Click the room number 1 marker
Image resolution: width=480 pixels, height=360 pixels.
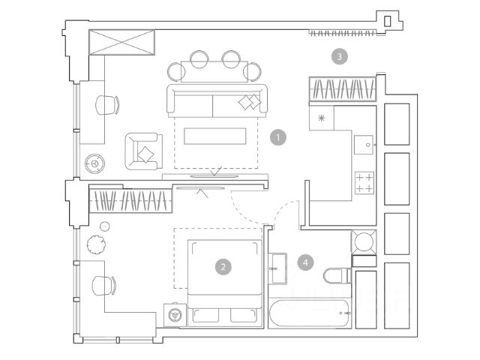[x=279, y=137]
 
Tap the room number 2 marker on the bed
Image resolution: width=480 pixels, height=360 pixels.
[x=222, y=265]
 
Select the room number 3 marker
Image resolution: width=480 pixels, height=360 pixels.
[x=340, y=56]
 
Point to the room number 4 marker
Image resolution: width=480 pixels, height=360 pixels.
[x=304, y=262]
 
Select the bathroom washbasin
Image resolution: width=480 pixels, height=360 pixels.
[x=276, y=268]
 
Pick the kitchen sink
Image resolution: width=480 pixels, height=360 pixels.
[x=363, y=142]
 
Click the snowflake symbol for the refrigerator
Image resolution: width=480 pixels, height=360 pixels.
[x=322, y=118]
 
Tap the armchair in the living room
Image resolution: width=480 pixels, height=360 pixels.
[x=144, y=151]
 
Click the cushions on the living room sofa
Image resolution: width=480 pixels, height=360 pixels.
[x=247, y=103]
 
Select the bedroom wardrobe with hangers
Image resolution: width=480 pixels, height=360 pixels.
[x=129, y=200]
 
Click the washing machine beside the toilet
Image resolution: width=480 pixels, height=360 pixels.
[x=365, y=242]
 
